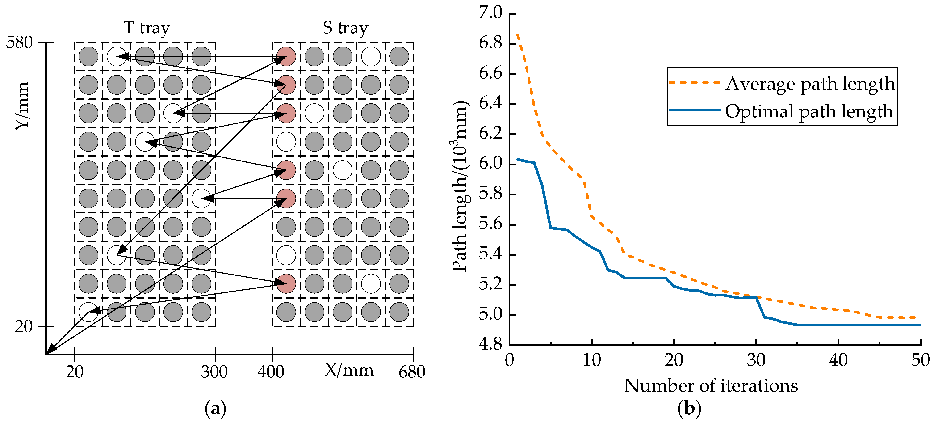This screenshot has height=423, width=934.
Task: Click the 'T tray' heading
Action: (147, 28)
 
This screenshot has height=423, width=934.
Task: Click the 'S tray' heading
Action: (345, 28)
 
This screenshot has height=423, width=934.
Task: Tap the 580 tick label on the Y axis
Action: (20, 43)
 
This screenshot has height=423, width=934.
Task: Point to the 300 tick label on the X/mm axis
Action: (214, 372)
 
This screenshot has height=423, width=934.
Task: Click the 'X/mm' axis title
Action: (349, 370)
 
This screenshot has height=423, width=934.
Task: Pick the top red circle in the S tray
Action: (286, 57)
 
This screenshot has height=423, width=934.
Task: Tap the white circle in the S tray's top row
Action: (371, 57)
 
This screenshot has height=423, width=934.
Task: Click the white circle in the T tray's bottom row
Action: (88, 312)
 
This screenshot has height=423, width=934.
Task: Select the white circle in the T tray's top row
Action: (116, 57)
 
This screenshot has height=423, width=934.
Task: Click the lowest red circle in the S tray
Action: (286, 283)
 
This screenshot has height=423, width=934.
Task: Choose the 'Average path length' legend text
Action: (810, 84)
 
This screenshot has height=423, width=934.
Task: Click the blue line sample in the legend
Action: (694, 110)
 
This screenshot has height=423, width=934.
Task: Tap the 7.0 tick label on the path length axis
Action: (490, 13)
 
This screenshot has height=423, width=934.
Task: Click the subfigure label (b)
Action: (689, 409)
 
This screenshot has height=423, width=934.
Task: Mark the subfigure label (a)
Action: (215, 409)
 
